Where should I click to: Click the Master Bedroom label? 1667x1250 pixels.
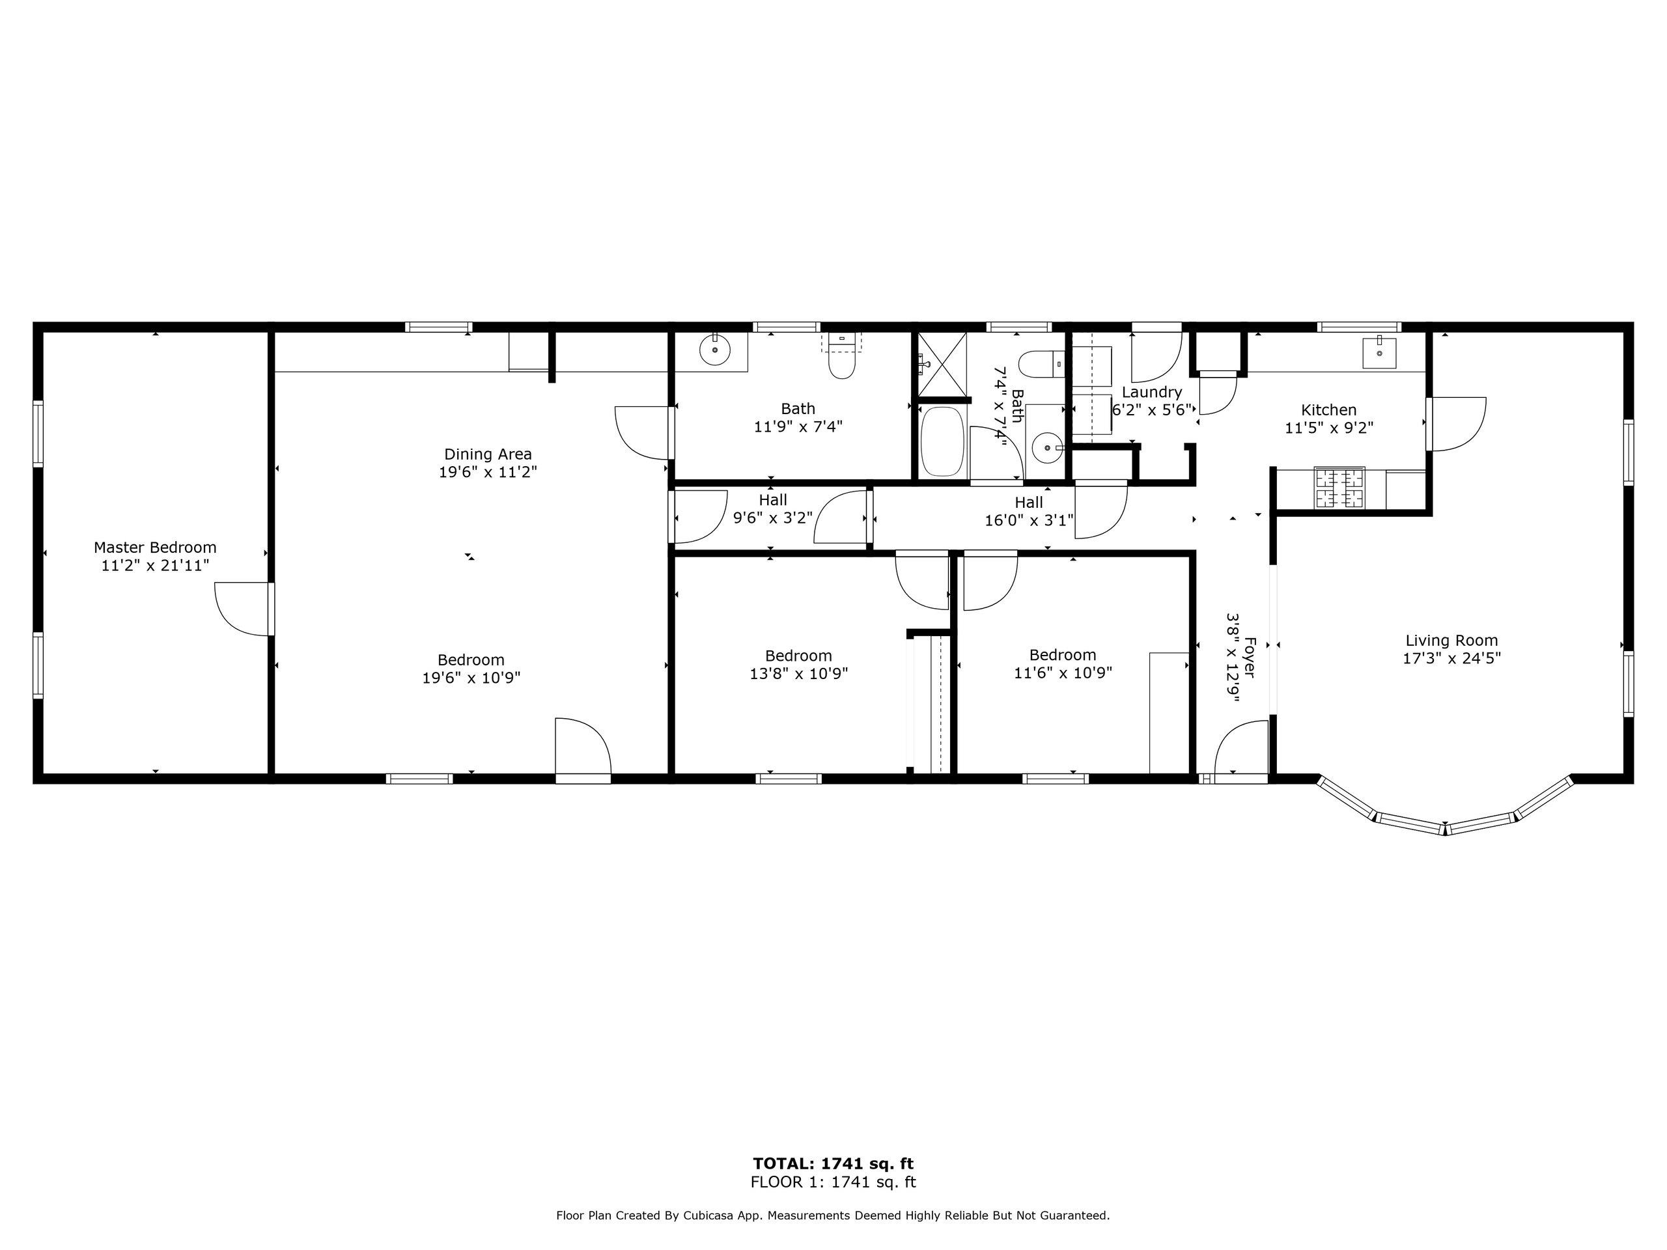tap(154, 547)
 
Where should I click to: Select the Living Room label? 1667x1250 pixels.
tap(1451, 641)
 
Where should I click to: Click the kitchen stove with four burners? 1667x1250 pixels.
tap(1339, 488)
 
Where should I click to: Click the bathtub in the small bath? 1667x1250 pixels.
tap(942, 441)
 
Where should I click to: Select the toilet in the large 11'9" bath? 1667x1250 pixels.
tap(841, 362)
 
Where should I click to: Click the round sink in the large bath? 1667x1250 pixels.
tap(714, 350)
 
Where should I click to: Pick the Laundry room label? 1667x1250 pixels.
tap(1151, 393)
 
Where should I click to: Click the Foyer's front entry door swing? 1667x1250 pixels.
tap(1240, 747)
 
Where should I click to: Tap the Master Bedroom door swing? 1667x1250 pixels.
tap(241, 608)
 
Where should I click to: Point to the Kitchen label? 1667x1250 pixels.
tap(1328, 410)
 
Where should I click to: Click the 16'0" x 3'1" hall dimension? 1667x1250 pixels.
tap(1029, 521)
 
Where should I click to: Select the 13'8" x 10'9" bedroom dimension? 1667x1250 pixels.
tap(798, 674)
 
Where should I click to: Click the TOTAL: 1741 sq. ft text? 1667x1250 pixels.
tap(833, 1164)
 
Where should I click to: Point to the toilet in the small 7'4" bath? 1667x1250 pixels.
tap(1041, 364)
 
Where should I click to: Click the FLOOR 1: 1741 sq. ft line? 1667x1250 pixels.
tap(833, 1183)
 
